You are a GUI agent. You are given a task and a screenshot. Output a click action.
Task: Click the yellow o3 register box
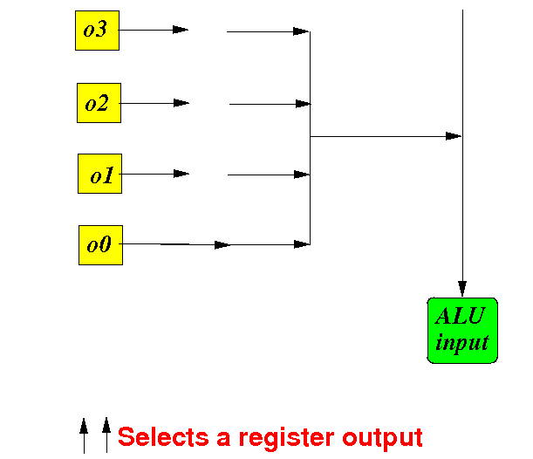pyautogui.click(x=97, y=31)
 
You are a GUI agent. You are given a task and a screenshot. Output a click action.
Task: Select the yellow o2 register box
pyautogui.click(x=99, y=103)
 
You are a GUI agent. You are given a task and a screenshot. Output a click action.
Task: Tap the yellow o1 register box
pyautogui.click(x=100, y=174)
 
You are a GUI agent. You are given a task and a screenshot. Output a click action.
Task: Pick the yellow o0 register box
pyautogui.click(x=100, y=245)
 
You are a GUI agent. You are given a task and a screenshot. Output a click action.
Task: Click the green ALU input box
pyautogui.click(x=462, y=331)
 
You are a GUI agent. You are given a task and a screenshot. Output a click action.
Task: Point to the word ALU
pyautogui.click(x=460, y=316)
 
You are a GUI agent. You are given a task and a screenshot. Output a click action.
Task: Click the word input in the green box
pyautogui.click(x=462, y=342)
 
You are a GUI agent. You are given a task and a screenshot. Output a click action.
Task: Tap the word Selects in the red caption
pyautogui.click(x=163, y=437)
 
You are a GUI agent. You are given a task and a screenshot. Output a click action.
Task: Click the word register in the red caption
pyautogui.click(x=286, y=438)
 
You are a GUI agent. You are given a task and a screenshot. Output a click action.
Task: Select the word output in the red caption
pyautogui.click(x=382, y=438)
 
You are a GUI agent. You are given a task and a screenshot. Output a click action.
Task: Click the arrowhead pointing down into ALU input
pyautogui.click(x=462, y=288)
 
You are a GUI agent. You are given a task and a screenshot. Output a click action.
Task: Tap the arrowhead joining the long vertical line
pyautogui.click(x=454, y=136)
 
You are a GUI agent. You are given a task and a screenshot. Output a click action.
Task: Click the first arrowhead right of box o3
pyautogui.click(x=181, y=30)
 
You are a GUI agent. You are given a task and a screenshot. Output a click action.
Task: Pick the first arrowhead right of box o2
pyautogui.click(x=181, y=103)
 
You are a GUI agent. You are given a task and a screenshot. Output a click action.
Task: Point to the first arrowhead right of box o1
pyautogui.click(x=181, y=174)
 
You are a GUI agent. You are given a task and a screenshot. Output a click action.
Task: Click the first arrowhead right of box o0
pyautogui.click(x=222, y=245)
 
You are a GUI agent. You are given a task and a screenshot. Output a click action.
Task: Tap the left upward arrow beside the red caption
pyautogui.click(x=84, y=436)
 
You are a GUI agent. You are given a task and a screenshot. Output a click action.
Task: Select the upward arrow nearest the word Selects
pyautogui.click(x=106, y=435)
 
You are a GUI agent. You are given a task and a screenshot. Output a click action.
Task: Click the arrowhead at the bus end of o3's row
pyautogui.click(x=301, y=31)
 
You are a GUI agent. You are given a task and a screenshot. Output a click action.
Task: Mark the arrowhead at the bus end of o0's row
pyautogui.click(x=302, y=244)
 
